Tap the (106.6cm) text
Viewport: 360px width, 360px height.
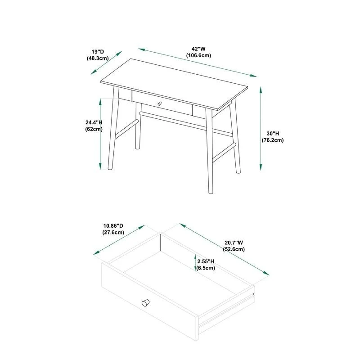pos(199,55)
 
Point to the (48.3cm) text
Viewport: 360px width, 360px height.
pos(97,58)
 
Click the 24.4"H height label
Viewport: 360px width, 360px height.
pos(94,122)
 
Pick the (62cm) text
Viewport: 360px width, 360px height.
pos(94,129)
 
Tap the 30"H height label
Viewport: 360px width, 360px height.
pos(273,134)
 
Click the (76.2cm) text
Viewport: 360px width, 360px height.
pos(273,140)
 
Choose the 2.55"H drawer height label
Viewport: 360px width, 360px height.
pos(206,261)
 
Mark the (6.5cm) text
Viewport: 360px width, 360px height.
pos(206,268)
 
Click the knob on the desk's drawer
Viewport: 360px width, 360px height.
pos(159,104)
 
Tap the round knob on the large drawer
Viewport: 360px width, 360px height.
pos(145,302)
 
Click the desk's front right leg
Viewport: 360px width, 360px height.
pos(210,153)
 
